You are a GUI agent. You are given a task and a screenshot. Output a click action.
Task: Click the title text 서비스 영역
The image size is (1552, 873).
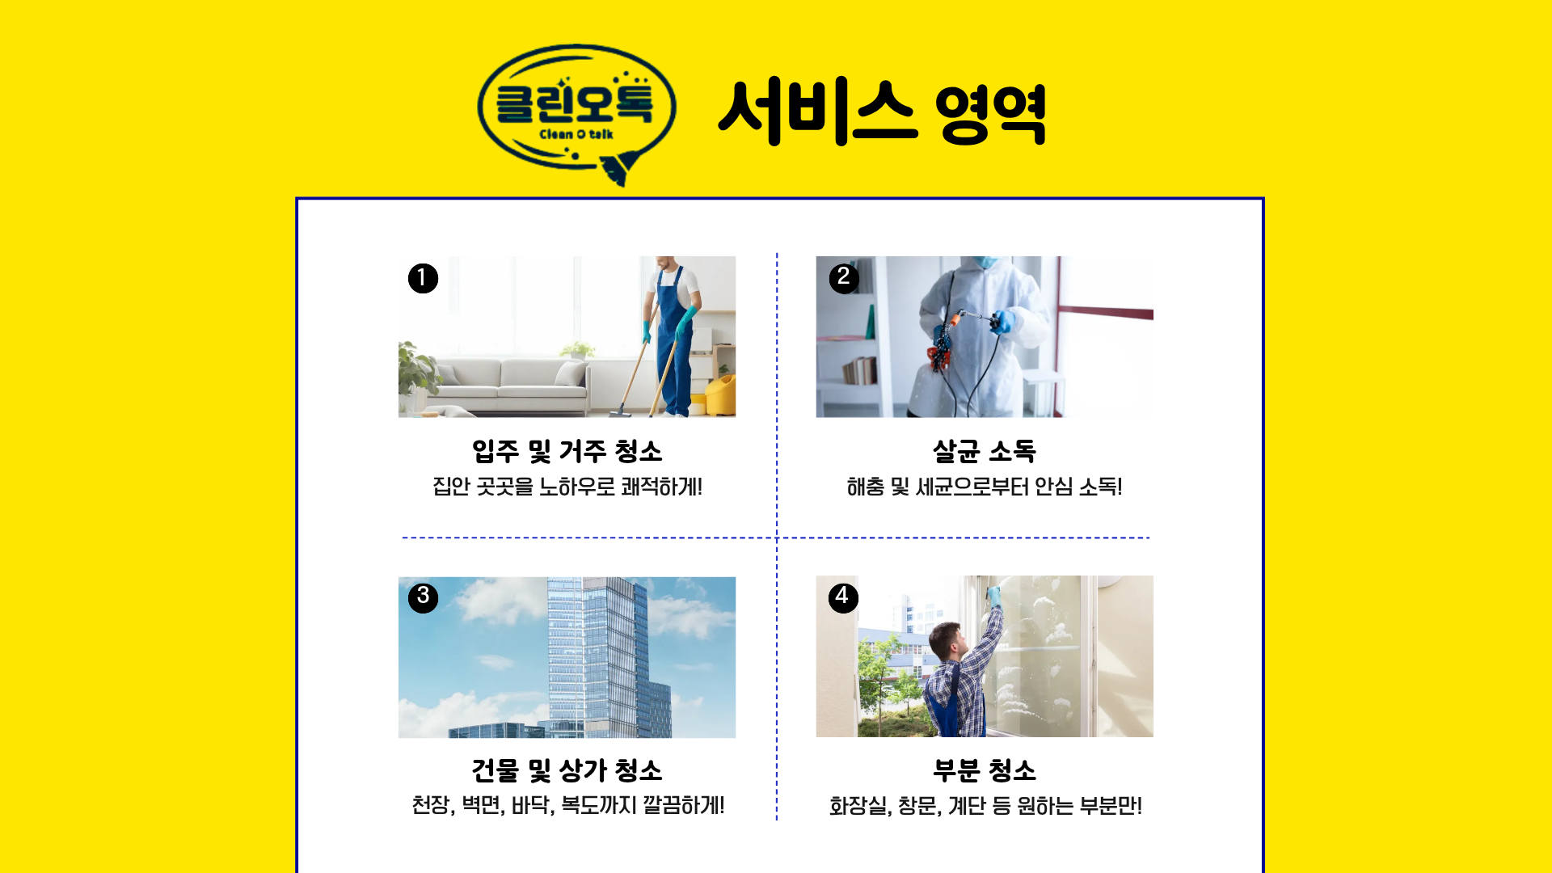(882, 112)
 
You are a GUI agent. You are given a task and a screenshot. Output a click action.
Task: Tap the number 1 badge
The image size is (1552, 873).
(423, 278)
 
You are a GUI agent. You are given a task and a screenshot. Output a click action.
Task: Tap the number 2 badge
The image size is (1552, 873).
(844, 278)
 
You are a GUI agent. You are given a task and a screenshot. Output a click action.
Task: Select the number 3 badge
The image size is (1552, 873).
(423, 597)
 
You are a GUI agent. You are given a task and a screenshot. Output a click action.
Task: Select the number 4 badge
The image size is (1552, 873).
(843, 597)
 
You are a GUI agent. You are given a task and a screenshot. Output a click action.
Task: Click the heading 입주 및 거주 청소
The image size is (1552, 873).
(567, 451)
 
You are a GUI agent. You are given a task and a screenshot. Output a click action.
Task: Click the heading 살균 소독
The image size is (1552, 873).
(984, 451)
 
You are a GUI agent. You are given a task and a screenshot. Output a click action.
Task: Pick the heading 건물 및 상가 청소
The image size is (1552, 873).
(567, 770)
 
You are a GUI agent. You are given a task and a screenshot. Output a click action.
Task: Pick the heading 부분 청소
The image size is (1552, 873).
(984, 770)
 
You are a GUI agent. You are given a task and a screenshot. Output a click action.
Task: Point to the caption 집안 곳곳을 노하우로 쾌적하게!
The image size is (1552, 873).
(567, 487)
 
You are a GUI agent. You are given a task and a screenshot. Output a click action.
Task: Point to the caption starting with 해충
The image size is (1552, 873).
(984, 487)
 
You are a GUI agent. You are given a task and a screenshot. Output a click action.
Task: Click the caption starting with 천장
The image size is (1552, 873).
(567, 805)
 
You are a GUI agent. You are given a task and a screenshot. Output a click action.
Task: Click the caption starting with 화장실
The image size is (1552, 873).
(985, 806)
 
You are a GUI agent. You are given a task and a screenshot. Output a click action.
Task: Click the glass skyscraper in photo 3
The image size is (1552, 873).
(598, 655)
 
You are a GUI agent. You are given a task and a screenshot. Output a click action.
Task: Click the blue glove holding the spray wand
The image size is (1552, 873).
(1003, 322)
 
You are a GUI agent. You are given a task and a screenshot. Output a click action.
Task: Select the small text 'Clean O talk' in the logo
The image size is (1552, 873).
(576, 134)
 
